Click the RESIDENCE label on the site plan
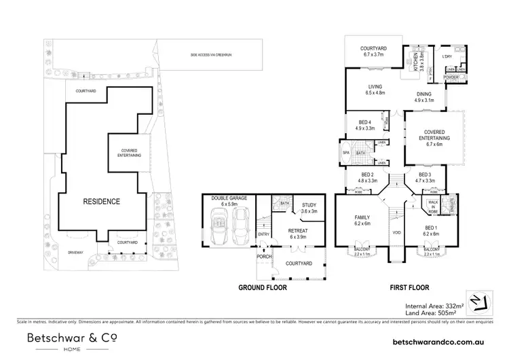[x=101, y=202]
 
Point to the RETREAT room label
[x=298, y=231]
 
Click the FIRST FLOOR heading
[x=409, y=287]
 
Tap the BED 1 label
[x=431, y=228]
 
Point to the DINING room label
[x=424, y=95]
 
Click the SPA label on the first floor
[x=345, y=153]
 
